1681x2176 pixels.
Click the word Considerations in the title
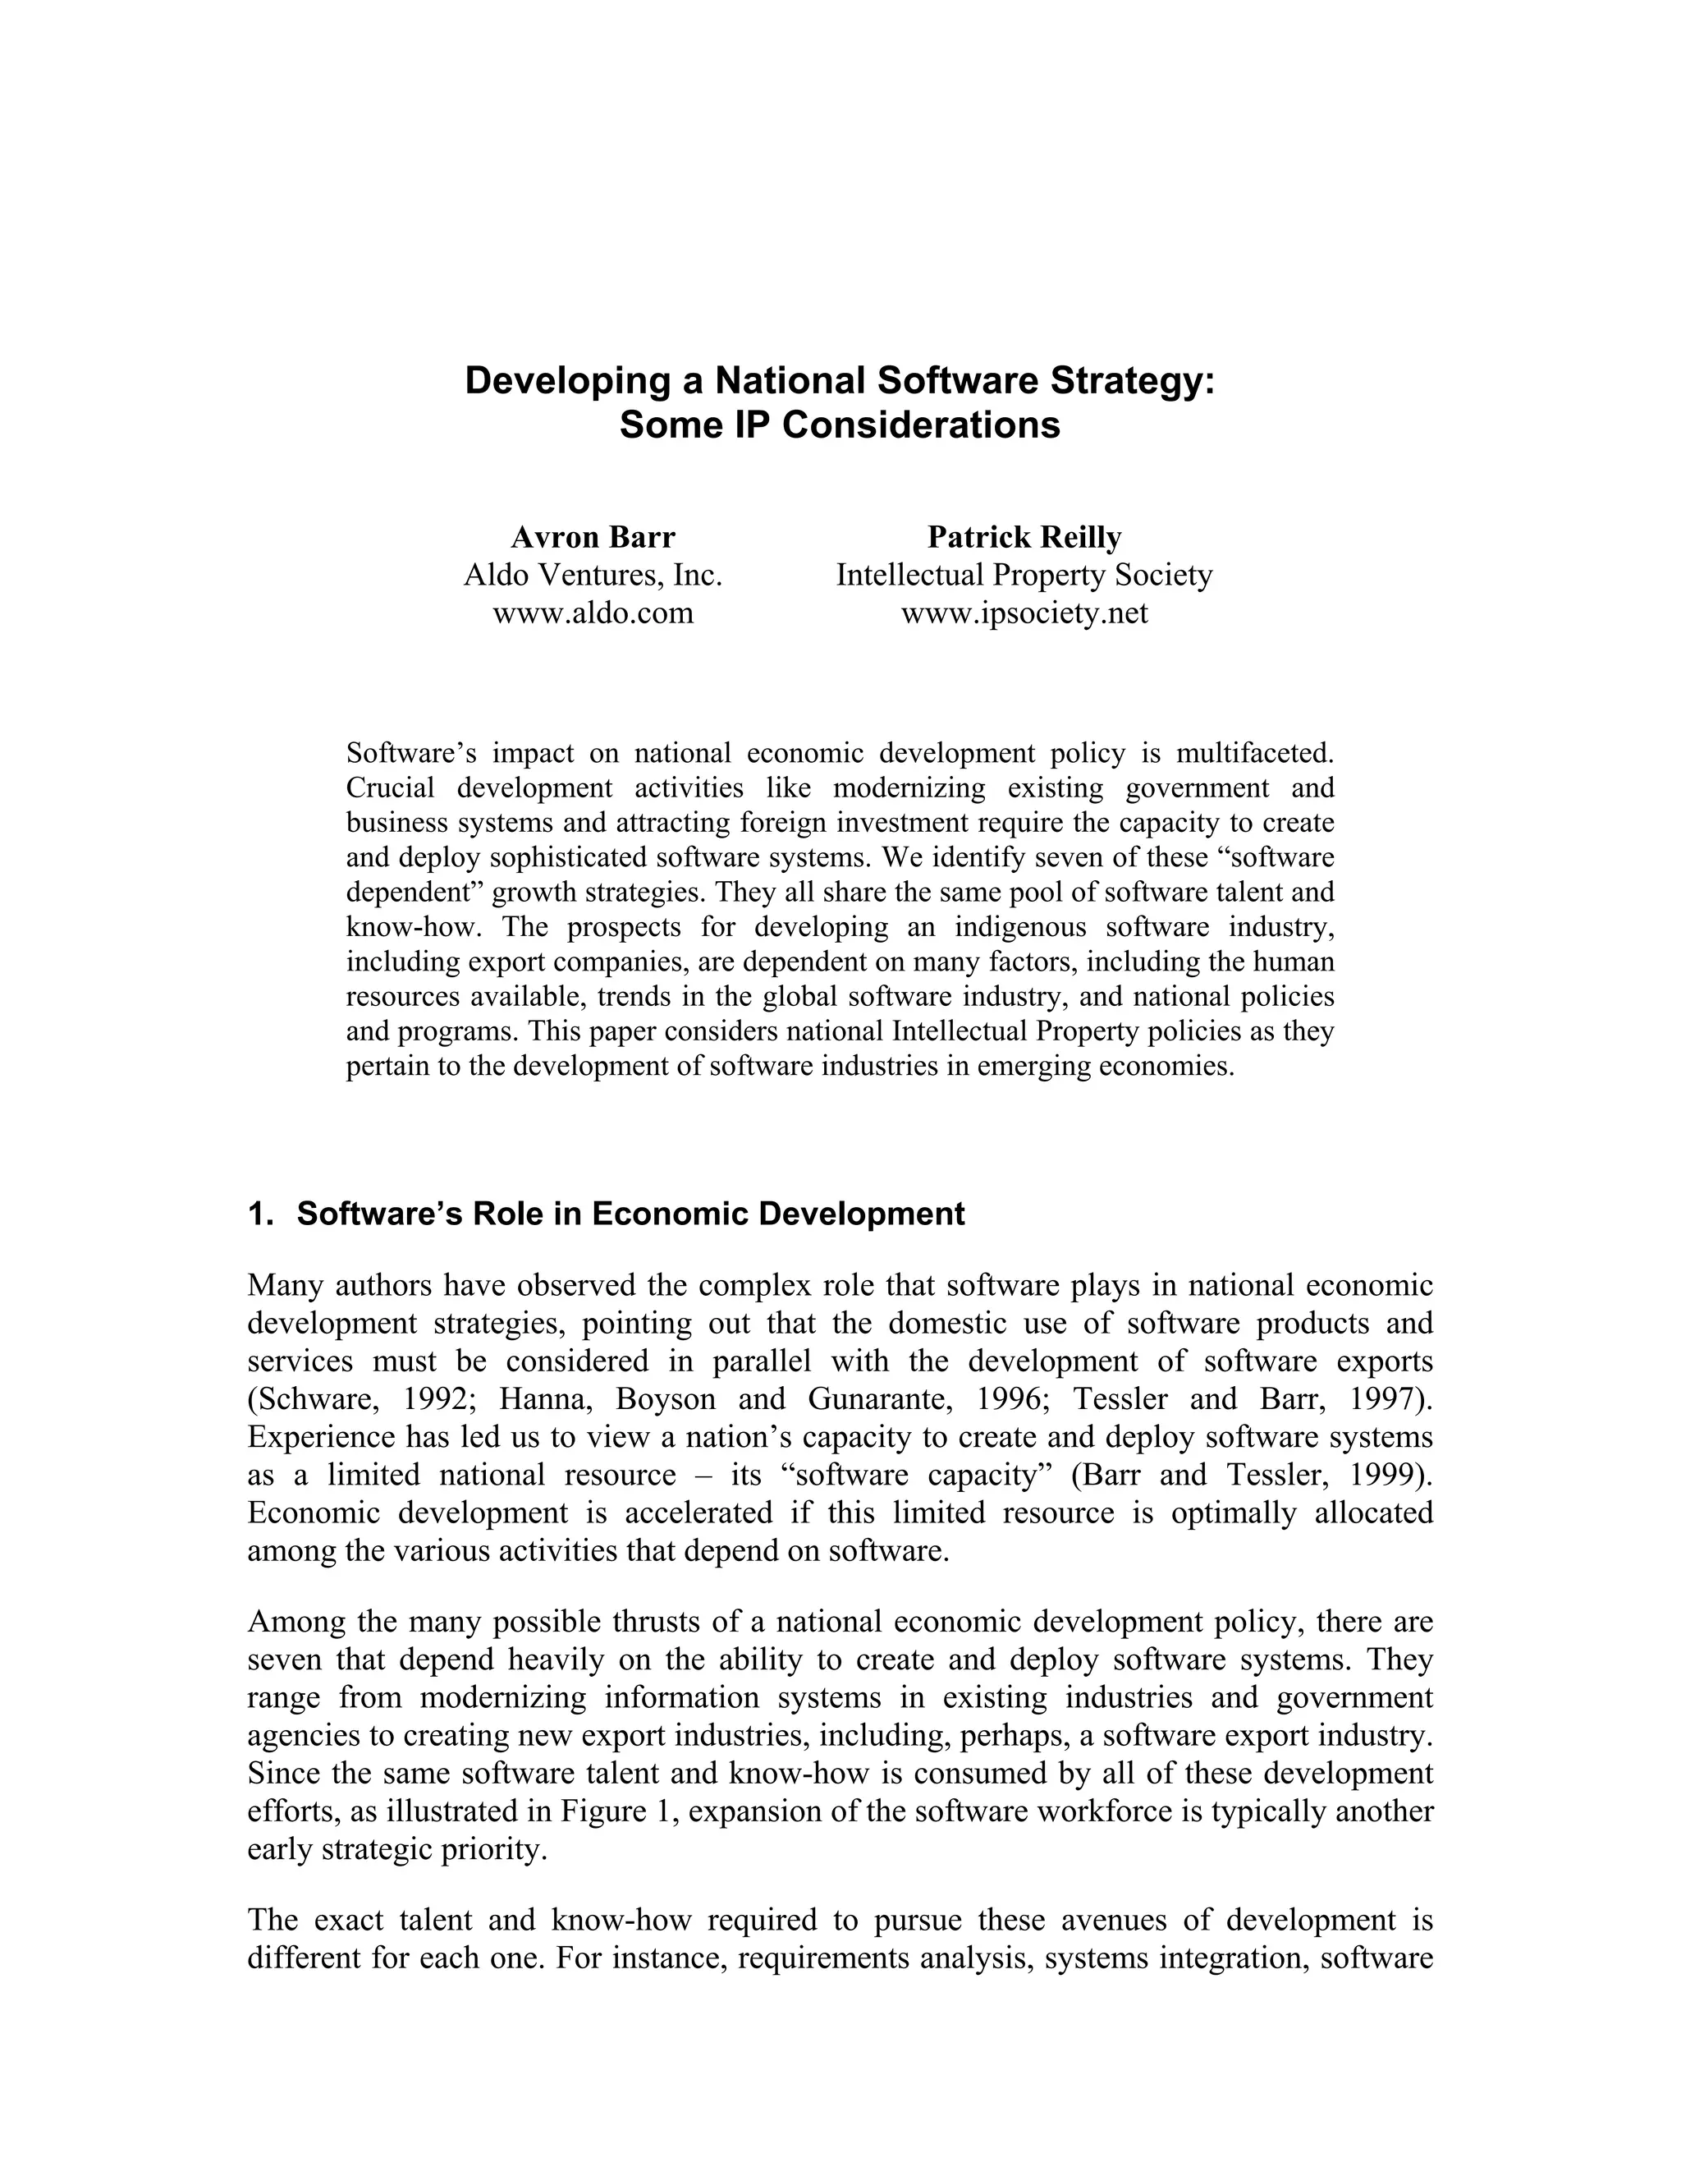921,425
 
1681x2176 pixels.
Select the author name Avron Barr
593,537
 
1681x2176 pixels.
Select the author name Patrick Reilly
1024,537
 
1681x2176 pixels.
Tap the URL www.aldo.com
593,613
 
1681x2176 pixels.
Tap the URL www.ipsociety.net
1024,613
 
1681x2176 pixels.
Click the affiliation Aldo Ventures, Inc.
593,575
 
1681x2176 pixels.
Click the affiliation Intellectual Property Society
1024,575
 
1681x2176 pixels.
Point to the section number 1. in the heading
260,1214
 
